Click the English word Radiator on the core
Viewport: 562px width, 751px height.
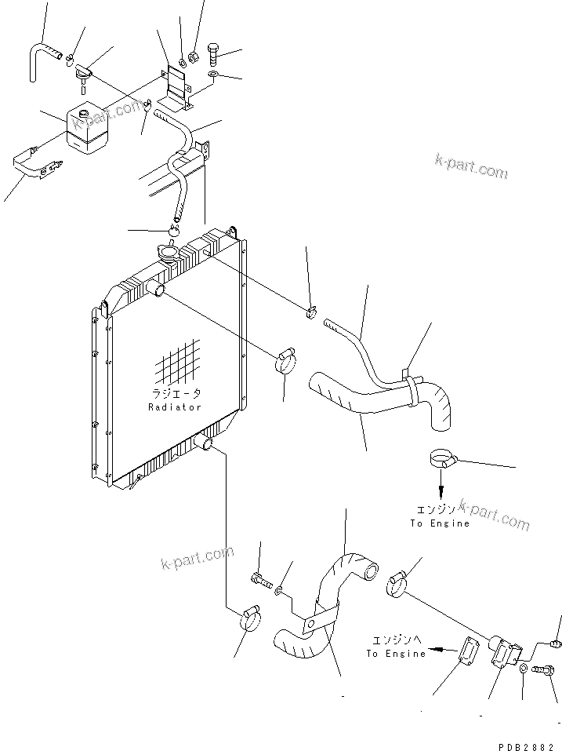coord(175,407)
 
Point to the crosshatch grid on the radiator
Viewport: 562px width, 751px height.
coord(179,363)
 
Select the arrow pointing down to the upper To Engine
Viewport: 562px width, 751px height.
coord(441,492)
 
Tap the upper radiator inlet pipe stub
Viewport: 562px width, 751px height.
coord(158,290)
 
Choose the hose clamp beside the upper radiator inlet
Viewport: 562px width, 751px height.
coord(286,362)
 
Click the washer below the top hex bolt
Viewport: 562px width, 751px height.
coord(213,75)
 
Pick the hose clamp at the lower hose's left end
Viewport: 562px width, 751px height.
coord(248,618)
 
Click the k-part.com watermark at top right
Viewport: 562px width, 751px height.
coord(471,166)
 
